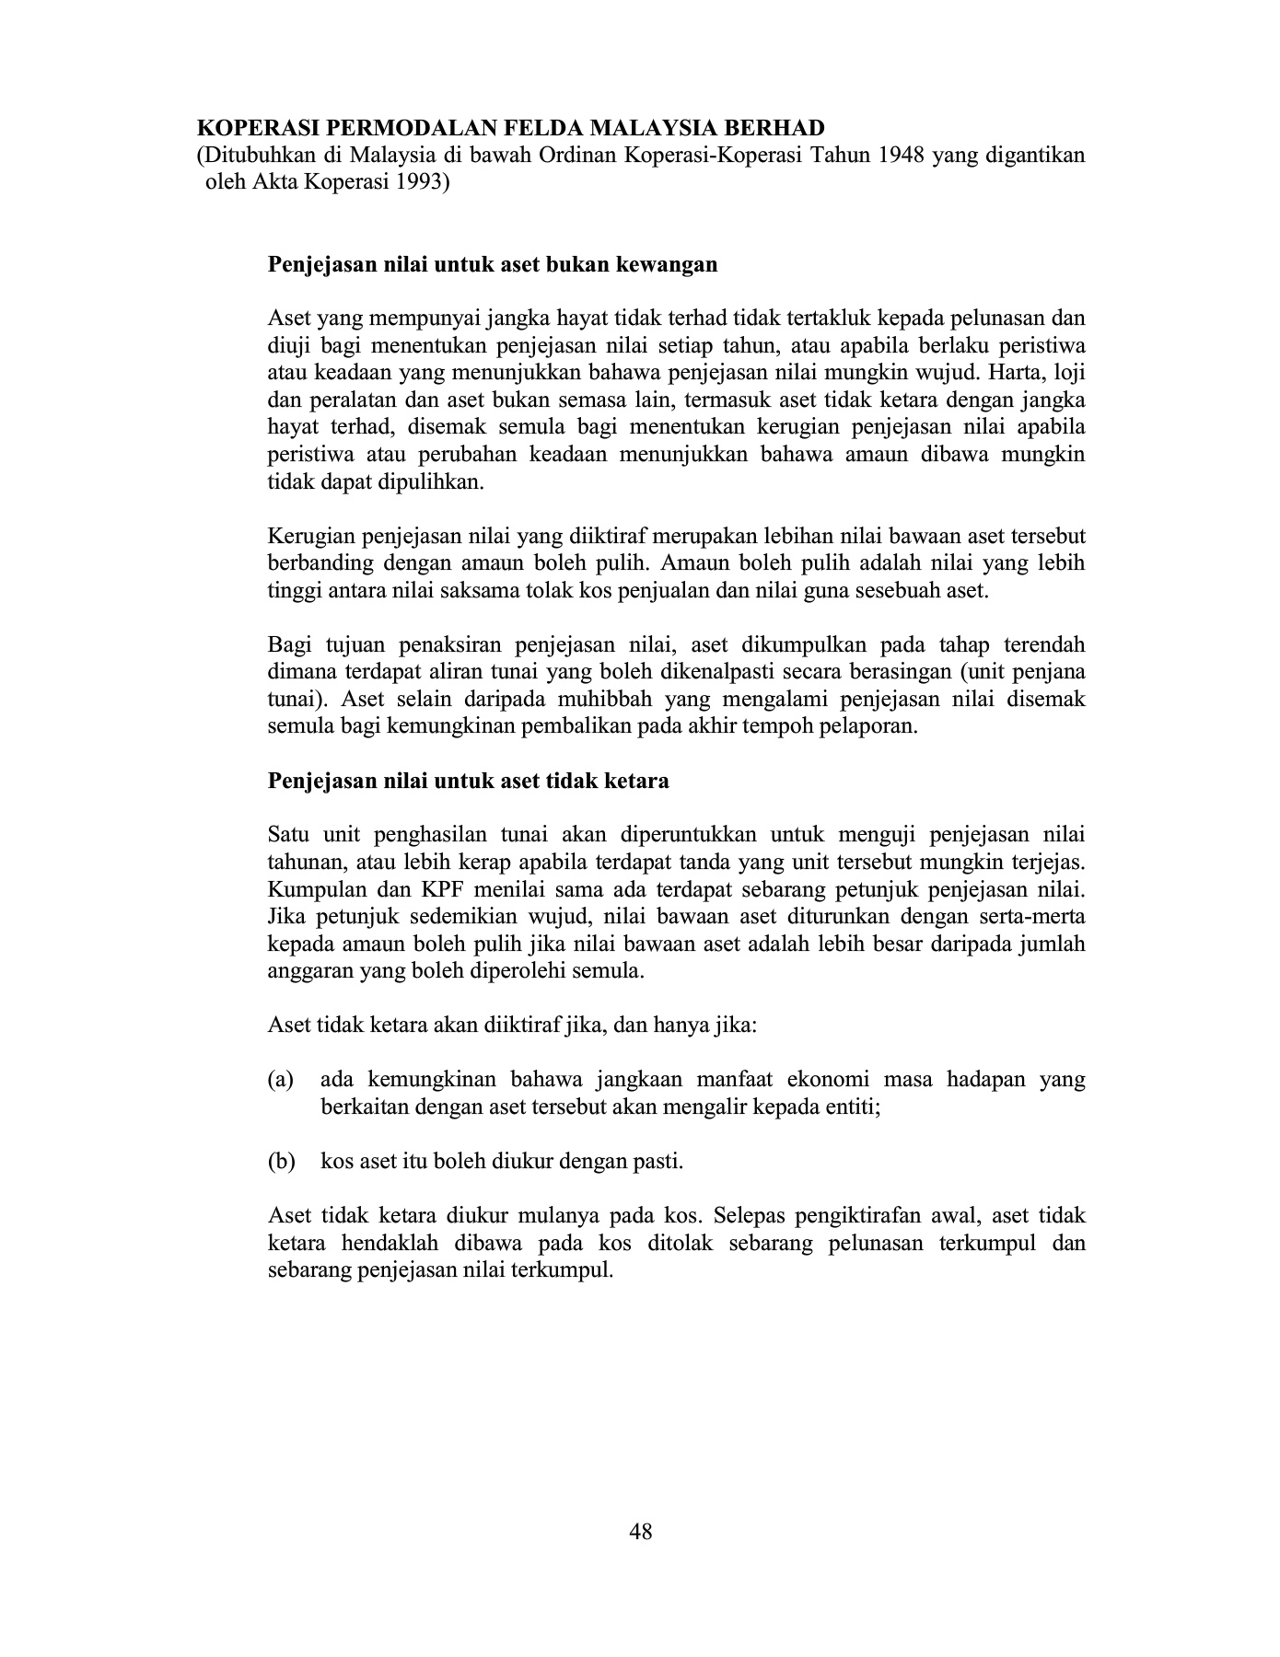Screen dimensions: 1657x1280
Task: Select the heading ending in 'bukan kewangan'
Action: coord(492,265)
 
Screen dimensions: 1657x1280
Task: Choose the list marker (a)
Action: coord(281,1079)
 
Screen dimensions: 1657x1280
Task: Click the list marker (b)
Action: coord(281,1161)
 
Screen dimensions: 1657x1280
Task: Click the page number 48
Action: coord(640,1532)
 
